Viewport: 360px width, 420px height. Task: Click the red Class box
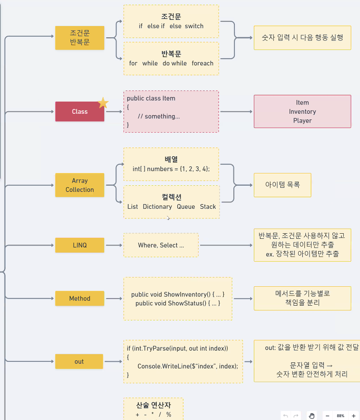click(x=80, y=111)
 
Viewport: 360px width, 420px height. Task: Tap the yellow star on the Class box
click(x=103, y=103)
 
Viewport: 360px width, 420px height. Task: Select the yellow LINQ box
click(x=80, y=245)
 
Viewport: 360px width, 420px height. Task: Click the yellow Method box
click(x=80, y=299)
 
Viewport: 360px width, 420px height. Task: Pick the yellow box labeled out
click(x=79, y=361)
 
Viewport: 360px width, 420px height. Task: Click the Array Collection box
click(x=80, y=185)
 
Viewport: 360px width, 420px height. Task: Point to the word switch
click(x=194, y=26)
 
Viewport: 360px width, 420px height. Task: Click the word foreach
click(x=202, y=63)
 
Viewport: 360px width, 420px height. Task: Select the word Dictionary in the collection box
click(x=157, y=207)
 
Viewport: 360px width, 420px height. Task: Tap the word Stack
click(x=208, y=207)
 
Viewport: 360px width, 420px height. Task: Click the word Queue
click(x=186, y=207)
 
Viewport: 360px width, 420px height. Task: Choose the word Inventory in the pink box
click(x=302, y=112)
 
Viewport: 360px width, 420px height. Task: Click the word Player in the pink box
click(x=302, y=121)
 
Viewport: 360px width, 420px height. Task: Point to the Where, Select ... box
click(x=161, y=245)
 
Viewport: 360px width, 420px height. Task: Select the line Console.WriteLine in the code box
click(x=187, y=366)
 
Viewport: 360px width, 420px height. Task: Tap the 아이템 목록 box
click(x=282, y=185)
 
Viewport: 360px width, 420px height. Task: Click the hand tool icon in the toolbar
click(x=311, y=416)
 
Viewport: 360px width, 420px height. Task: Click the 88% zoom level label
click(x=341, y=416)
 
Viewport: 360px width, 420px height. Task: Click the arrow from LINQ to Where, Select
click(x=114, y=245)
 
